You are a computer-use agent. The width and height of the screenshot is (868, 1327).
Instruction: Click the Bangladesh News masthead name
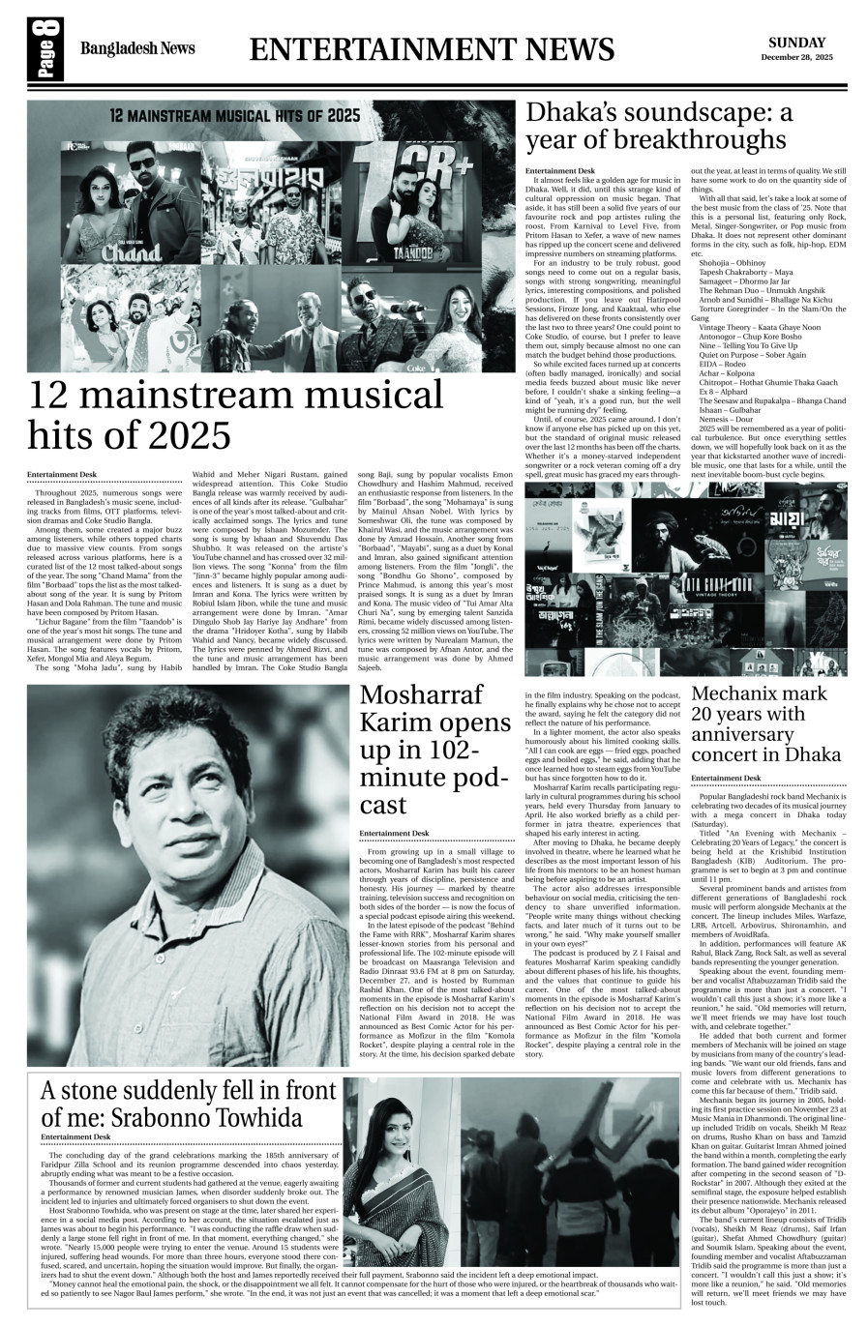(x=137, y=49)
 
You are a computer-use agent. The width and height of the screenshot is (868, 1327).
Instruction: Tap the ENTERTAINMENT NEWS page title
(x=432, y=50)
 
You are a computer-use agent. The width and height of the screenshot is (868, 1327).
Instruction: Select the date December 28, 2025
(x=796, y=58)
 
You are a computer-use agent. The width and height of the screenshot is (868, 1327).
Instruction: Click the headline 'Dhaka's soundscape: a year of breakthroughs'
(x=658, y=127)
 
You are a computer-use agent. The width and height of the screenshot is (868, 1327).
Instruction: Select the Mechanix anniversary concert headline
(x=760, y=723)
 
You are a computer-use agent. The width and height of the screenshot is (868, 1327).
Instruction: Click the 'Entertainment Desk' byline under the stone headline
(x=80, y=1136)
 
